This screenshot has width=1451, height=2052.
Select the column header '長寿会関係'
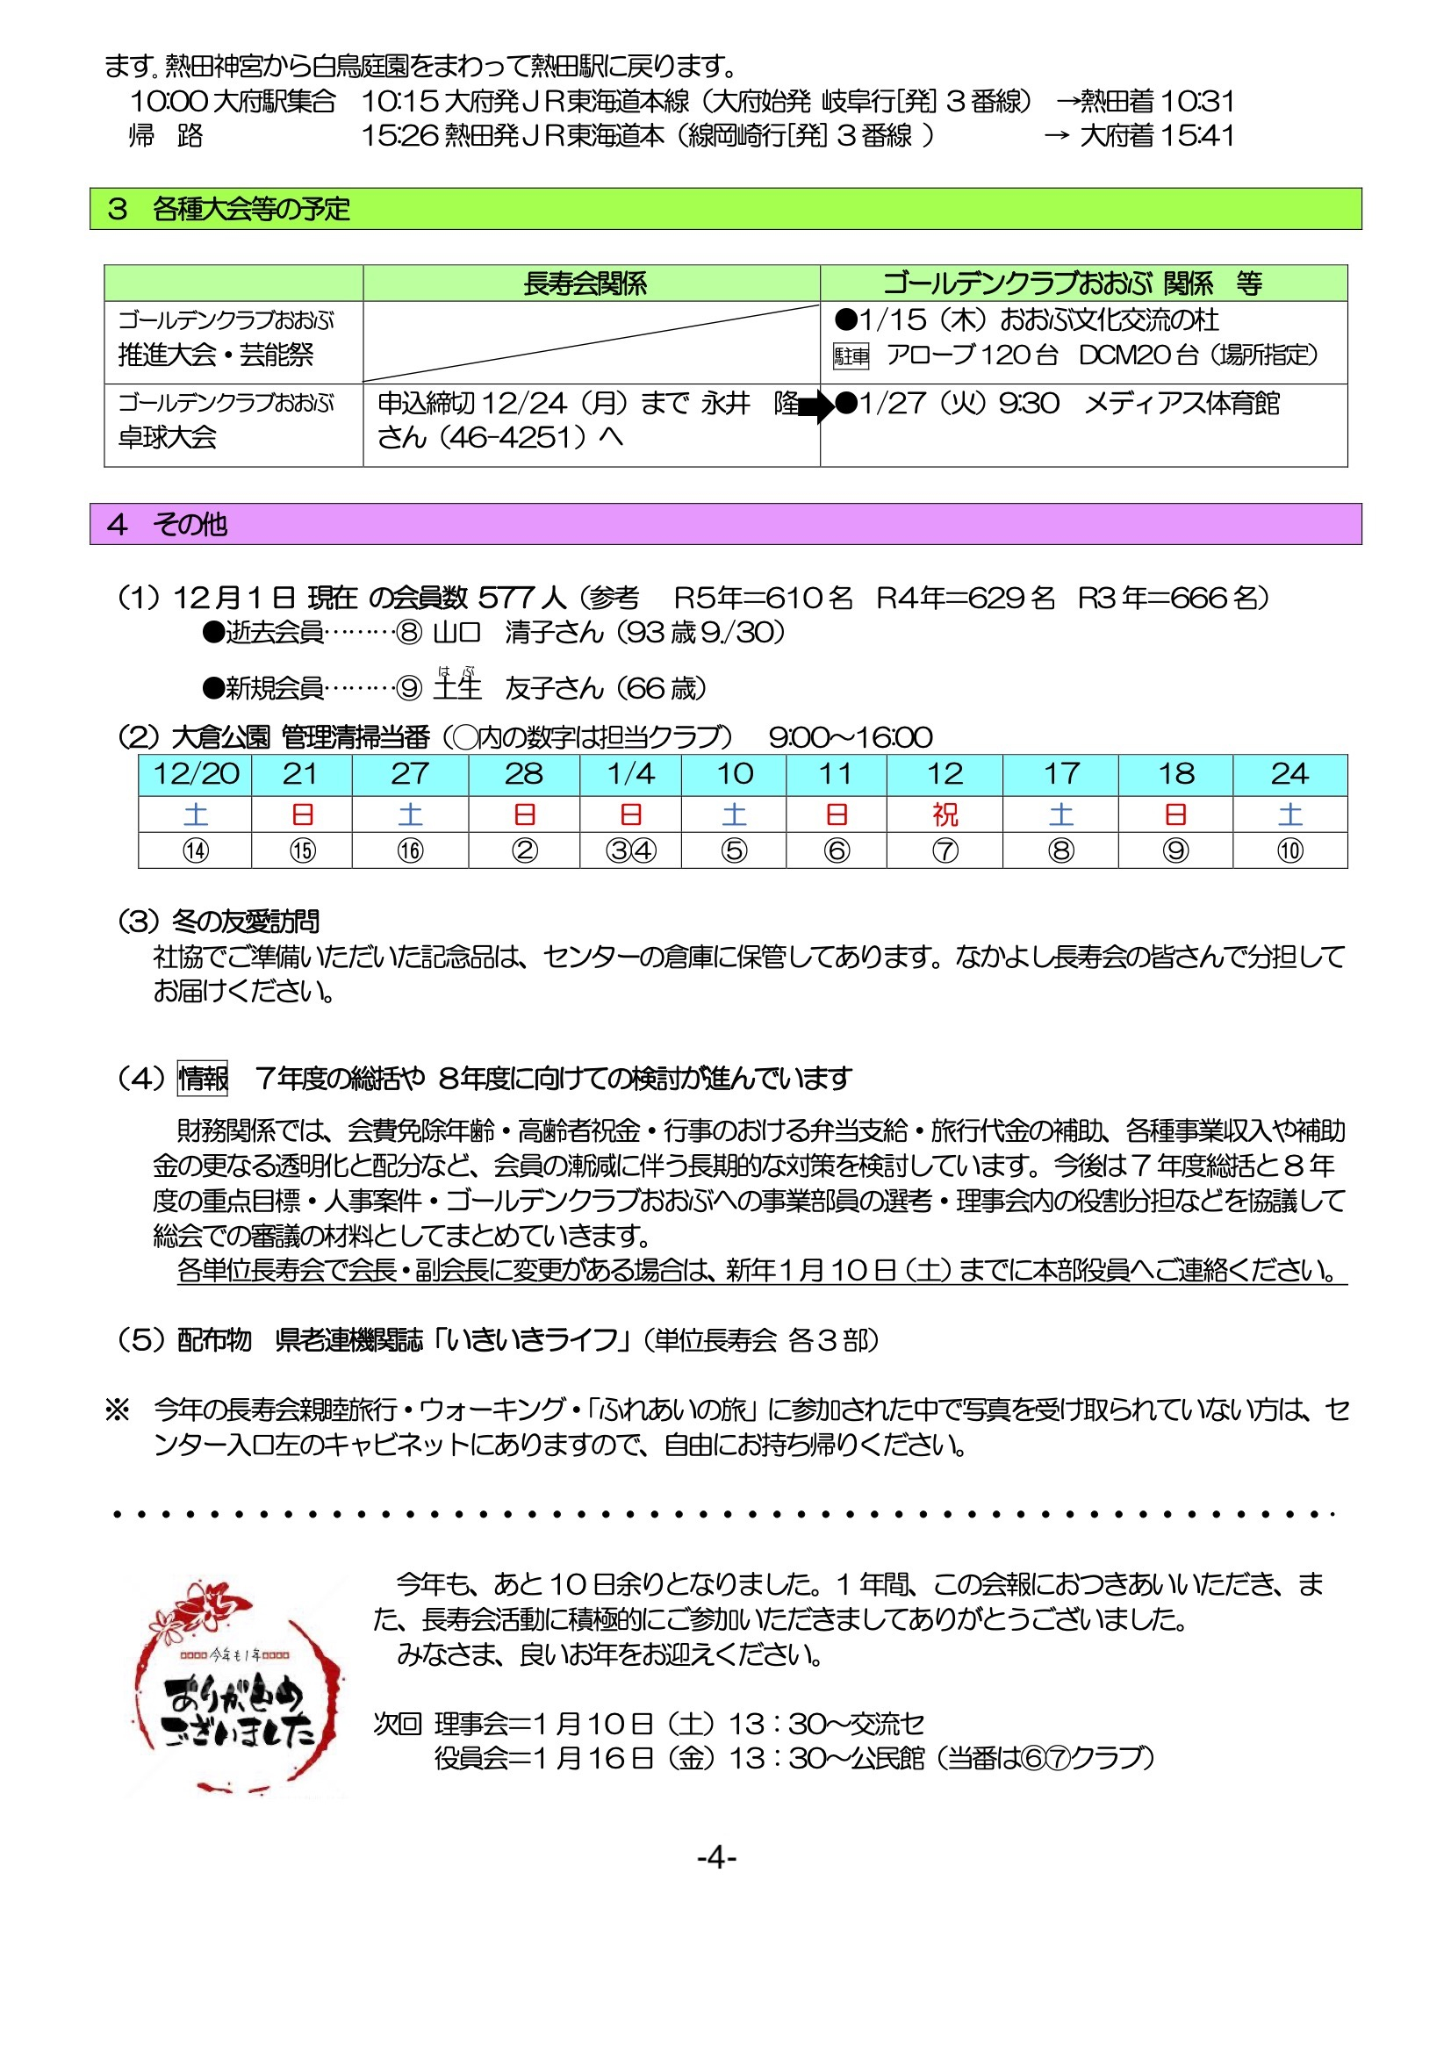[x=585, y=283]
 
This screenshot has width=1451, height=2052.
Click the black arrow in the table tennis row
[x=815, y=407]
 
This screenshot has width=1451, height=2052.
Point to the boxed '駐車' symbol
[x=851, y=356]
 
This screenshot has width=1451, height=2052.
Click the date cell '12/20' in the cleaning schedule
[x=196, y=774]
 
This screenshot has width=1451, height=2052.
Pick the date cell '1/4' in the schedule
[x=630, y=774]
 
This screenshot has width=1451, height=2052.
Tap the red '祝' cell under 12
[x=945, y=814]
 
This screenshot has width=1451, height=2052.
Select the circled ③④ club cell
[x=630, y=850]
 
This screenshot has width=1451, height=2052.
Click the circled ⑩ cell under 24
[x=1289, y=850]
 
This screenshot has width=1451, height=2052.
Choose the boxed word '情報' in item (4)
[x=203, y=1078]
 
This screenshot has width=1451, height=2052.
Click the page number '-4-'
[x=716, y=1858]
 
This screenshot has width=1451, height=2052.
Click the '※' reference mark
[x=117, y=1410]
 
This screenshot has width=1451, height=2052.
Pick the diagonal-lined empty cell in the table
[x=591, y=342]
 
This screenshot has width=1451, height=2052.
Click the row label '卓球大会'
[x=168, y=437]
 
